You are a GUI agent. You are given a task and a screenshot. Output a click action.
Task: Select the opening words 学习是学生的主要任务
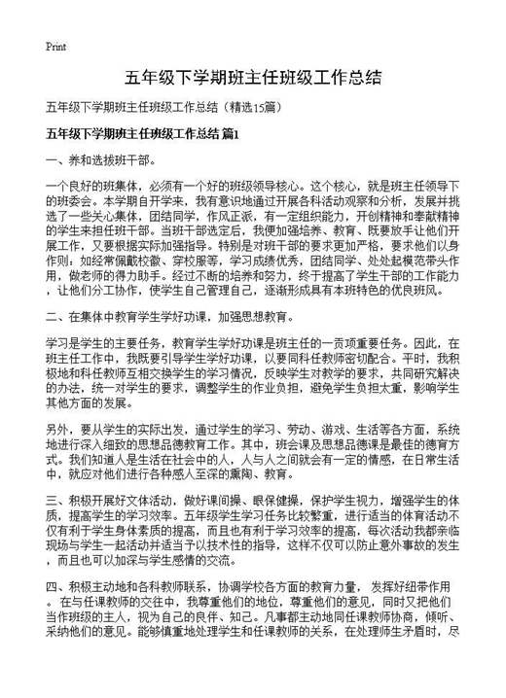coord(106,342)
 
